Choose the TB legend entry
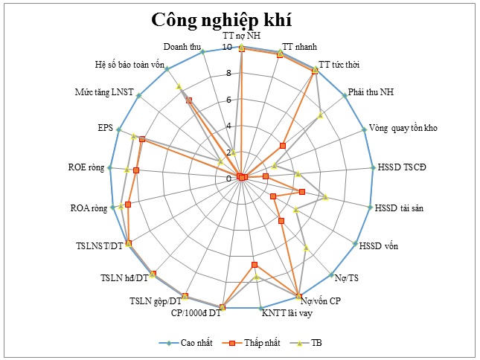point(316,343)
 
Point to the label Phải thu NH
point(372,93)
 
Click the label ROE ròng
point(86,167)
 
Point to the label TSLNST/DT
point(99,245)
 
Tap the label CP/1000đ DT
point(196,312)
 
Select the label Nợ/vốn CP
point(321,301)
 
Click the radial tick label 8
point(229,74)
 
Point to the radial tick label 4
point(229,126)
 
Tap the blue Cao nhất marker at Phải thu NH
point(345,95)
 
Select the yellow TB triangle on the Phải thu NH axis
point(320,115)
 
